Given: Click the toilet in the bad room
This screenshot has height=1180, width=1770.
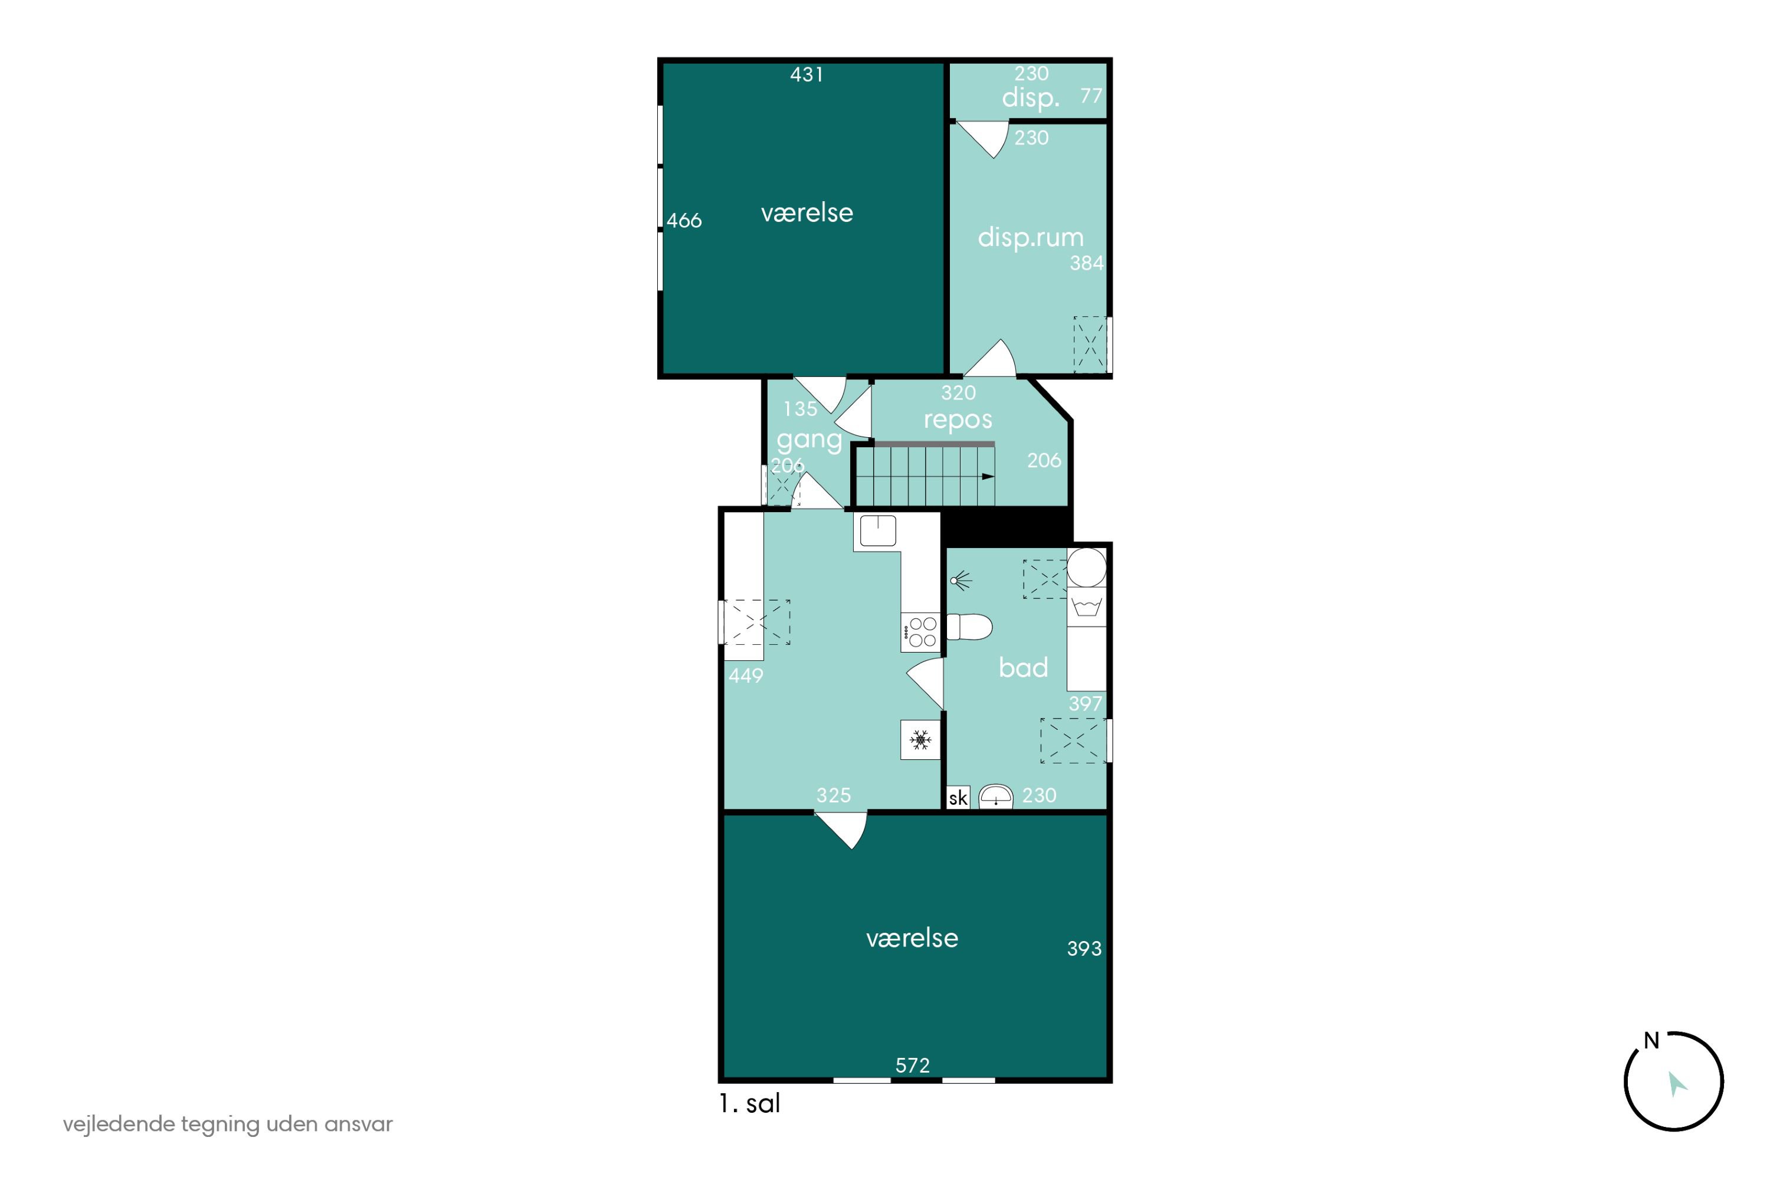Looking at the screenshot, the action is [969, 627].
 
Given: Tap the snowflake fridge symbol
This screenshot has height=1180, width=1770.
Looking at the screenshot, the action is [920, 740].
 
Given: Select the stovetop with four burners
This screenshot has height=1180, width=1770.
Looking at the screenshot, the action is [921, 632].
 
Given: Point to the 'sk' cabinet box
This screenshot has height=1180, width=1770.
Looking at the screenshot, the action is [958, 798].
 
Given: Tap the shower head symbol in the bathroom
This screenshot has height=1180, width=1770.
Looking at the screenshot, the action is [961, 580].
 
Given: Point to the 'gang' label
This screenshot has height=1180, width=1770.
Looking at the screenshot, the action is [809, 440].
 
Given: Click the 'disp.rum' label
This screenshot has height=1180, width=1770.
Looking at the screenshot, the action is [1030, 237].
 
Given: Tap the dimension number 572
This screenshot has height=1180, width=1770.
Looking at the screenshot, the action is [912, 1065].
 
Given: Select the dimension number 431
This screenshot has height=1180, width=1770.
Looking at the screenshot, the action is [806, 74].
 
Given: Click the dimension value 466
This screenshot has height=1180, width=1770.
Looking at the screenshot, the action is [684, 221].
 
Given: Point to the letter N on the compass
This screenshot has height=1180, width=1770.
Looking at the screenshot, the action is [1651, 1041].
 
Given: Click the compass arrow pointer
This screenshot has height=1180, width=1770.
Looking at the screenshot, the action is [1677, 1084].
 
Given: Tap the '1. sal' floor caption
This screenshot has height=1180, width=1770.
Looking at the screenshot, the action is [749, 1104].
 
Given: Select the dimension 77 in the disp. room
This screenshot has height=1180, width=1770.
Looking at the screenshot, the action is [1091, 96].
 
